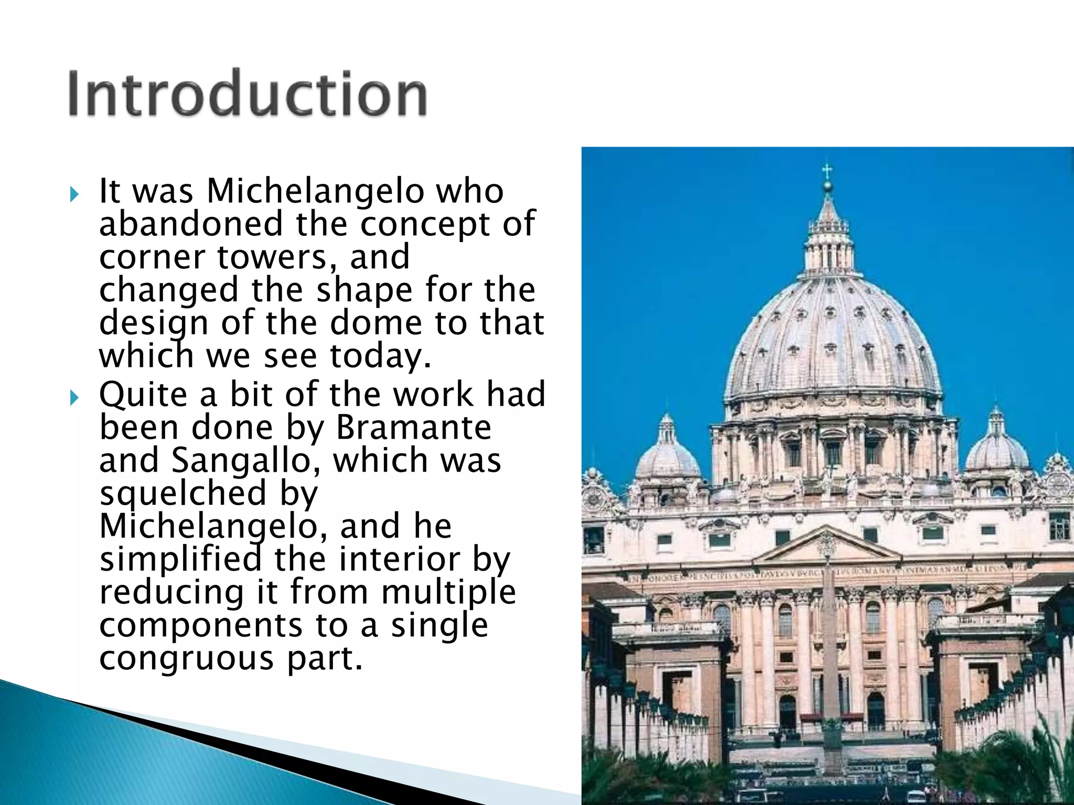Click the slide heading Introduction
pyautogui.click(x=247, y=94)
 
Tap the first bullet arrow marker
pyautogui.click(x=74, y=195)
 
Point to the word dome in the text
pyautogui.click(x=376, y=323)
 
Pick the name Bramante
pyautogui.click(x=413, y=428)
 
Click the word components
pyautogui.click(x=201, y=625)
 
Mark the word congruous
pyautogui.click(x=186, y=659)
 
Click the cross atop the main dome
pyautogui.click(x=827, y=171)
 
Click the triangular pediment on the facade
pyautogui.click(x=827, y=548)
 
